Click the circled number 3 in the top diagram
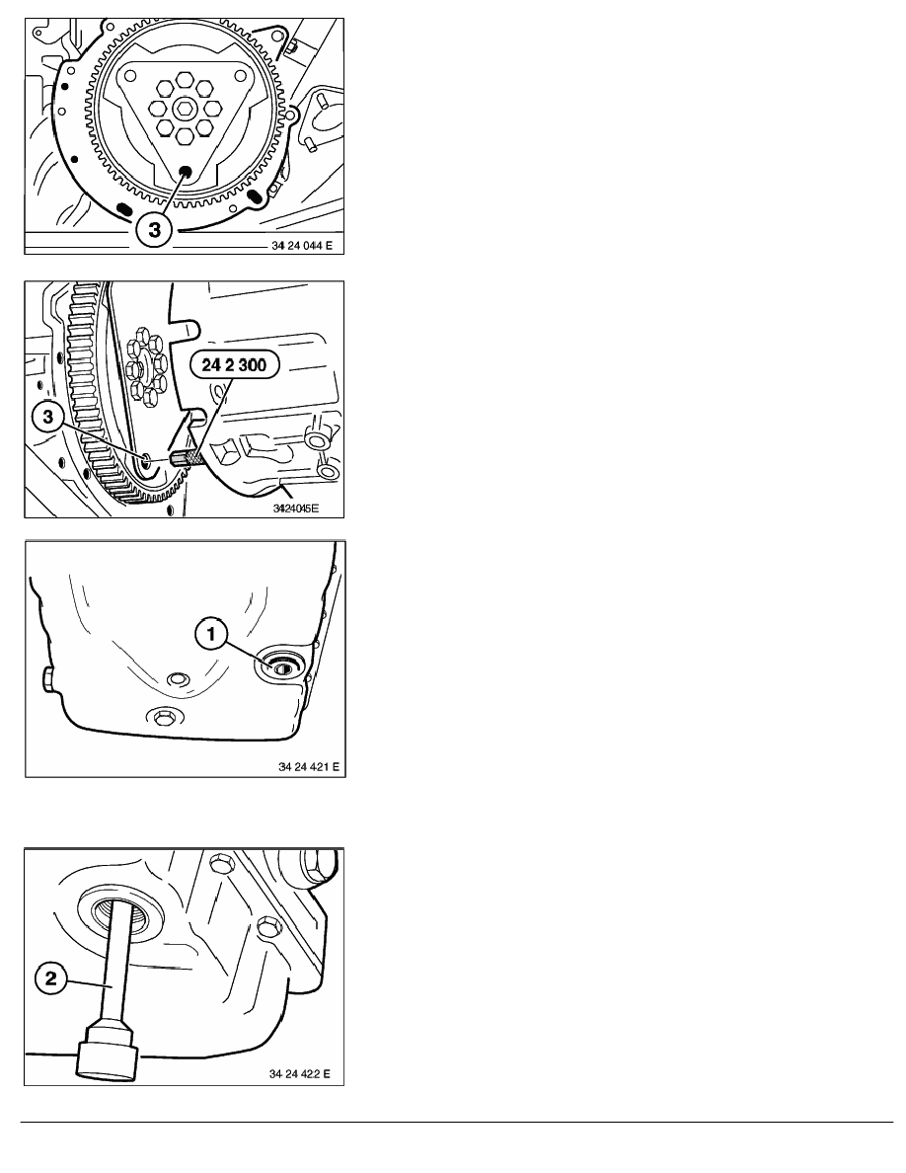pos(153,230)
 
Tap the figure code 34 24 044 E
pos(301,246)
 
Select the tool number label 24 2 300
pos(233,365)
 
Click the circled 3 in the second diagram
pos(48,416)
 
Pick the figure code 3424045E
pos(297,508)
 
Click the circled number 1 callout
pos(211,635)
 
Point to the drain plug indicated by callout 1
pos(282,668)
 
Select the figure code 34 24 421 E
pos(308,767)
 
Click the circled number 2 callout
pos(51,977)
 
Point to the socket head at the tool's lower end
pos(107,1054)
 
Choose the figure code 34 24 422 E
pos(300,1073)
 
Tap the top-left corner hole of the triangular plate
pos(131,76)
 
